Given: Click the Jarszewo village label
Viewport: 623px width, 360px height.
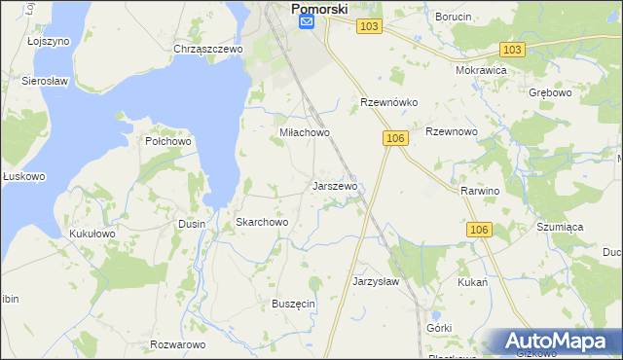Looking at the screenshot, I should coord(336,185).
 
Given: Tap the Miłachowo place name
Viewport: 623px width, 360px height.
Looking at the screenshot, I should coord(305,132).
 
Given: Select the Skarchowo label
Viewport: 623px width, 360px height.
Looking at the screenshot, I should coord(262,222).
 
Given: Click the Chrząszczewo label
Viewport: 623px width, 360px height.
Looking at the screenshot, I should coord(207,48).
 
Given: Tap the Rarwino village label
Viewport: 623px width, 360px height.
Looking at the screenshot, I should coord(480,191).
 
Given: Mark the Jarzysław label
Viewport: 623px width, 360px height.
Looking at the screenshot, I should coord(376,281).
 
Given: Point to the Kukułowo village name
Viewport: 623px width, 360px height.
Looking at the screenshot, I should coord(92,234).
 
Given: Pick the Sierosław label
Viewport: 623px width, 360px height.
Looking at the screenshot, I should coord(43,82).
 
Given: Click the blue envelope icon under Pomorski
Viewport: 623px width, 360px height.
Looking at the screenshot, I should coord(307,22).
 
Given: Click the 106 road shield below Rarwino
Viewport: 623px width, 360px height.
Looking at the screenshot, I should coord(477,229).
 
